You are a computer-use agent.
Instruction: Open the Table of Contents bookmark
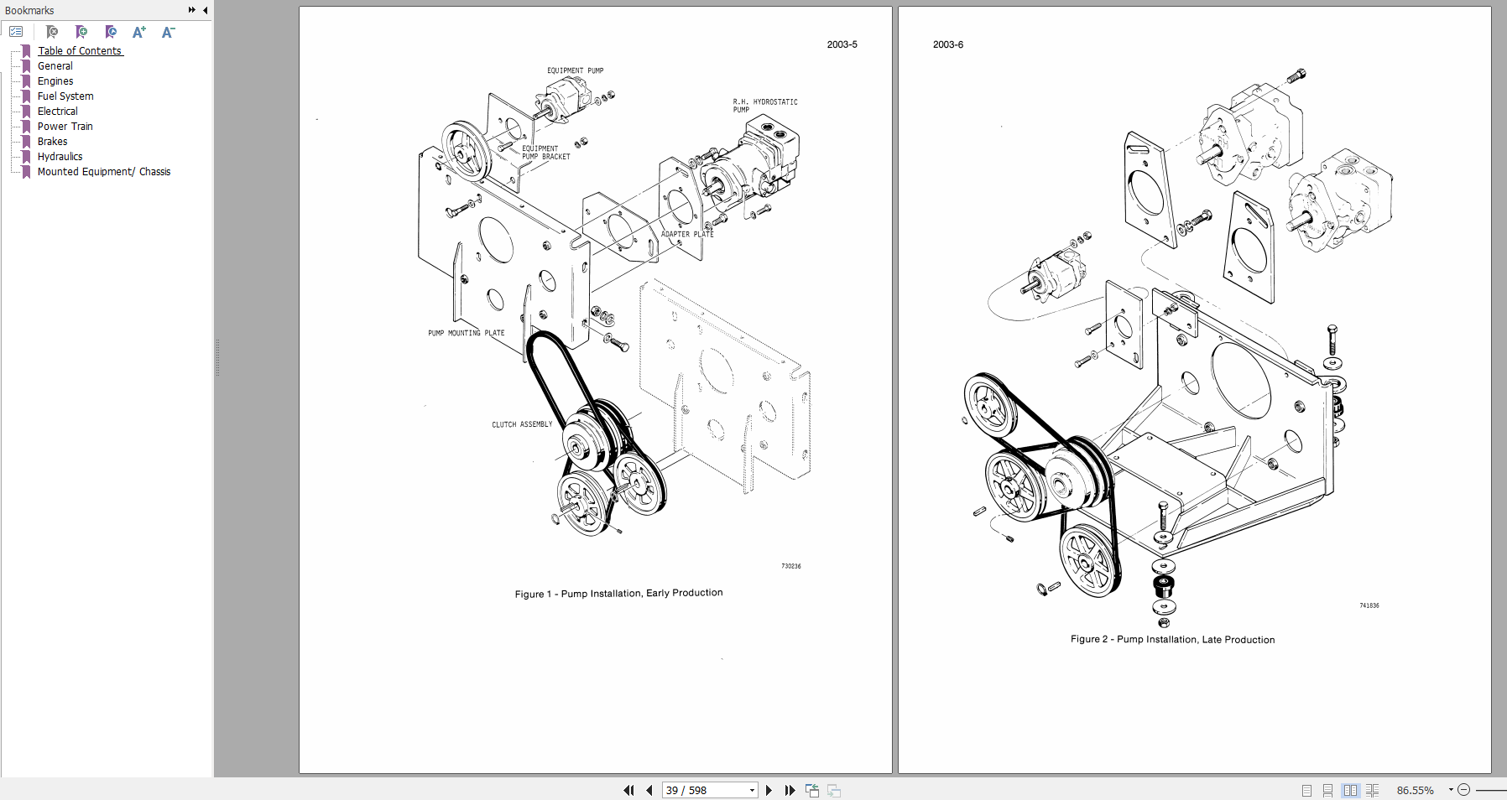click(x=80, y=51)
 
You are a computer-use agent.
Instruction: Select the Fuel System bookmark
click(x=65, y=96)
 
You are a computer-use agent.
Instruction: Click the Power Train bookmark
click(x=65, y=127)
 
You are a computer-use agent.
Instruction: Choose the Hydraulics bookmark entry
click(x=60, y=157)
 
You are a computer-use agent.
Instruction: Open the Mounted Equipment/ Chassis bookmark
click(x=103, y=172)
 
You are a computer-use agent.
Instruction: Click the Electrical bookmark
click(x=57, y=112)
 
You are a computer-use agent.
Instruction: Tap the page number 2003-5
click(x=842, y=44)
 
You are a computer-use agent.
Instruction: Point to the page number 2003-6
click(x=947, y=44)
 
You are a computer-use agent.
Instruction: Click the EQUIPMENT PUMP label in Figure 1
click(x=575, y=71)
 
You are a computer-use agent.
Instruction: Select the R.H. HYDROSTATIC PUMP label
click(x=764, y=106)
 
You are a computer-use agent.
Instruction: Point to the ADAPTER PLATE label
click(x=687, y=235)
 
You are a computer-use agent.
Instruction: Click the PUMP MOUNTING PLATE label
click(x=466, y=334)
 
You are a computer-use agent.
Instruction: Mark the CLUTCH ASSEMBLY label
click(x=522, y=425)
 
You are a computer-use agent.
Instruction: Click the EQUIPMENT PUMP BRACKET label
click(x=545, y=153)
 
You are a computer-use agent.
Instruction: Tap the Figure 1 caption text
click(x=618, y=594)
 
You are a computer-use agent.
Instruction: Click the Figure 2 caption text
click(x=1172, y=640)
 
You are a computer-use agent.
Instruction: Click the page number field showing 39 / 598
click(x=705, y=790)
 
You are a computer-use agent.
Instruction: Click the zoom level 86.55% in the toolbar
click(x=1415, y=790)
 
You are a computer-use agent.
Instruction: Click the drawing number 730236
click(x=790, y=566)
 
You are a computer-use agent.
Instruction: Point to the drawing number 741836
click(x=1369, y=605)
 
